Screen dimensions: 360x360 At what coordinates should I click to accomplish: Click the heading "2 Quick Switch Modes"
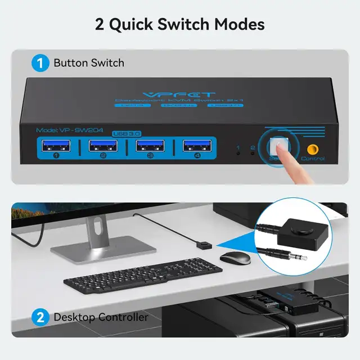tap(180, 24)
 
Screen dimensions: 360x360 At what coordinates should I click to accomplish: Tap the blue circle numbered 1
tap(40, 62)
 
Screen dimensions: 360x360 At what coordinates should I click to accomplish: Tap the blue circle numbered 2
tap(40, 317)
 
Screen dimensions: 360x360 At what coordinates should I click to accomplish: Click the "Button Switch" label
tap(89, 62)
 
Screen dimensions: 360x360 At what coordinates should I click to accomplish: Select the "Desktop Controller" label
tap(101, 317)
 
